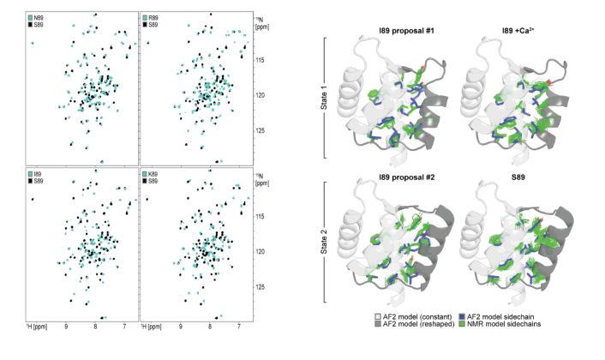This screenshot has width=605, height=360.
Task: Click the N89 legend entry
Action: (39, 17)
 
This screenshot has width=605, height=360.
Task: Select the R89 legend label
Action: (153, 17)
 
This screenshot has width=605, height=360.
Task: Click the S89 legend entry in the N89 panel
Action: (39, 25)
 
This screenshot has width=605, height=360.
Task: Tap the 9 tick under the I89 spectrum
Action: (66, 327)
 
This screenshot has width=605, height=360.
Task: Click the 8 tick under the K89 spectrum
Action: (210, 327)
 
